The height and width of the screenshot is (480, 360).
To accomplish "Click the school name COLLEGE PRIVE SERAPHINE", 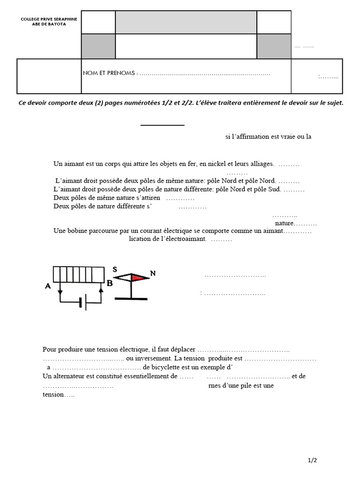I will pyautogui.click(x=49, y=19).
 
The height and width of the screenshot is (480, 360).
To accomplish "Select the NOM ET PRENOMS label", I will pyautogui.click(x=110, y=74).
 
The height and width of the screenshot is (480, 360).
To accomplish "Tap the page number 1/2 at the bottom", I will pyautogui.click(x=313, y=460).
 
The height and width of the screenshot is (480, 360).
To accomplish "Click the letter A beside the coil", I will pyautogui.click(x=48, y=286).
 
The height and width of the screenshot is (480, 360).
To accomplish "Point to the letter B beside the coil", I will pyautogui.click(x=110, y=283).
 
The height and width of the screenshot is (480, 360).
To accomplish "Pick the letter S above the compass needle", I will pyautogui.click(x=114, y=270).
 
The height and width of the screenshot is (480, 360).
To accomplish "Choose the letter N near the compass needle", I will pyautogui.click(x=152, y=273).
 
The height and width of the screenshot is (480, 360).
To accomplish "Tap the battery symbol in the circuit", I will pyautogui.click(x=82, y=303).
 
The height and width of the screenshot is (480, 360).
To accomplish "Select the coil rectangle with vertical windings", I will pyautogui.click(x=78, y=274).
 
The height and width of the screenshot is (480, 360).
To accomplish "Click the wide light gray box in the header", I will pyautogui.click(x=186, y=22).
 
